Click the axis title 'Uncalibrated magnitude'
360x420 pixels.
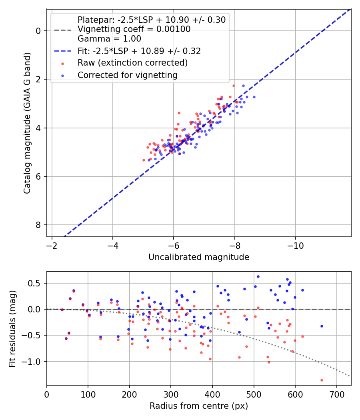199,257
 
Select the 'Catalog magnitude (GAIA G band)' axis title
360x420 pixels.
27,123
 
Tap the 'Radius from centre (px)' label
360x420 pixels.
199,406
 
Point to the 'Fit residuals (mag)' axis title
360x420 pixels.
12,329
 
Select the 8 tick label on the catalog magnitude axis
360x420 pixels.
38,225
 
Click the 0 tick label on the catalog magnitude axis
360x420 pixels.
38,31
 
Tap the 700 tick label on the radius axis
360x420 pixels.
337,394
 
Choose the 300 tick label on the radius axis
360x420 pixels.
171,394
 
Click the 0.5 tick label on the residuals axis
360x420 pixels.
34,283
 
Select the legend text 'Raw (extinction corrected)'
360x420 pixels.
132,63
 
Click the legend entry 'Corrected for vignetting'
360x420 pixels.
128,75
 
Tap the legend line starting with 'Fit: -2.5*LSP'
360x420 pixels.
139,51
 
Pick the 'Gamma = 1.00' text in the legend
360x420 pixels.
109,38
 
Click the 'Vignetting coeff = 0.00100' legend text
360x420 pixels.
134,29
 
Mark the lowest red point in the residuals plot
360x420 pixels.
322,380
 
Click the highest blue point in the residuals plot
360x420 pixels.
258,277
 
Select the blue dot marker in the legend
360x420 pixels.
63,76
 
